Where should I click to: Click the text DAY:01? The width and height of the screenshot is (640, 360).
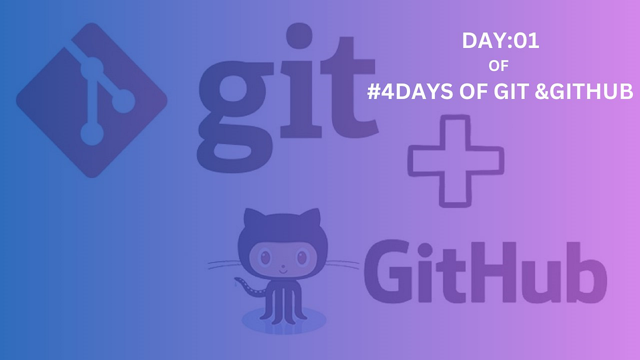tap(501, 41)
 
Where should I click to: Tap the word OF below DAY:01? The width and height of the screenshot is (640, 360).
tap(498, 66)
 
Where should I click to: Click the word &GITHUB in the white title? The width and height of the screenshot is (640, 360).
tap(583, 91)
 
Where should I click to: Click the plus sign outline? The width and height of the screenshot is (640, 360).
tap(455, 161)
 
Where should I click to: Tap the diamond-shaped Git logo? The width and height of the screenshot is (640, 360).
tap(92, 100)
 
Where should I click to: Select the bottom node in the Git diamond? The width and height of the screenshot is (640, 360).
tap(92, 134)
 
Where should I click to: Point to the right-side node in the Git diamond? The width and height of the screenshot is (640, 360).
tap(124, 101)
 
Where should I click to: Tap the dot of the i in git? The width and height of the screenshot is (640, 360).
tap(299, 36)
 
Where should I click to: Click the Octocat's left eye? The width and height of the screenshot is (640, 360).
tap(266, 258)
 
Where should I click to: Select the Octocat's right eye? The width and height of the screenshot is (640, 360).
tap(302, 258)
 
